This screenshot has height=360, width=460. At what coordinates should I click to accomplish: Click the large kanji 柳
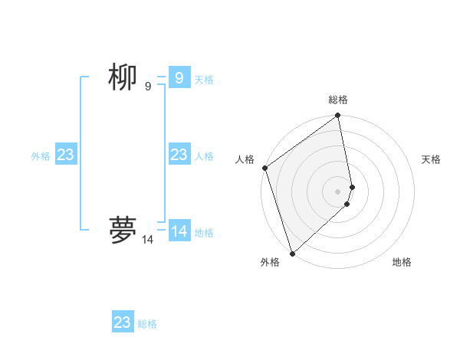click(x=123, y=77)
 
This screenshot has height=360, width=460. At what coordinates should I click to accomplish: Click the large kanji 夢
click(x=123, y=230)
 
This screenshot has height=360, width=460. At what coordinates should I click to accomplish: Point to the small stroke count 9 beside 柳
click(x=148, y=87)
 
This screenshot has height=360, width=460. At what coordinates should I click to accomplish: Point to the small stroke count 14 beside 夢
click(x=147, y=240)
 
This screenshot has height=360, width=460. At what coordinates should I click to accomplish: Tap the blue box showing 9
click(x=179, y=78)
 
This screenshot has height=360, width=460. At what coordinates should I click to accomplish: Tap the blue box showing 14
click(x=179, y=231)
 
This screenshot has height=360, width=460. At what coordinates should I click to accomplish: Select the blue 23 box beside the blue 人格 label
click(x=179, y=155)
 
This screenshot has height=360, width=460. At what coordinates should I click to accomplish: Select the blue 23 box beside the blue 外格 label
click(x=66, y=155)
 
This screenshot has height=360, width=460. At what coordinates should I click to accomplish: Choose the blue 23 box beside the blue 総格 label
click(x=123, y=322)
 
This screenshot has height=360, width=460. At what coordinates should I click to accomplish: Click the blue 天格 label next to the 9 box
click(x=204, y=80)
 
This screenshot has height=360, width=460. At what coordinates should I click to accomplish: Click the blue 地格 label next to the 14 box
click(x=204, y=233)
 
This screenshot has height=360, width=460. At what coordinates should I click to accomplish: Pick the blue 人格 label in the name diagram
click(x=204, y=156)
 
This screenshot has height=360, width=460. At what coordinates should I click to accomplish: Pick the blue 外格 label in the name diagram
click(x=41, y=156)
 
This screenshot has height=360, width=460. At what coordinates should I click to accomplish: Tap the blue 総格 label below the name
click(x=147, y=324)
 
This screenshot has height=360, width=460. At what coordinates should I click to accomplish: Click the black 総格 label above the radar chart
click(x=338, y=100)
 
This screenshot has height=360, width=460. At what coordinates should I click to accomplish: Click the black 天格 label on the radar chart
click(x=431, y=159)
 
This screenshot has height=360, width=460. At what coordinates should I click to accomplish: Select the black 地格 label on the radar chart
click(x=402, y=262)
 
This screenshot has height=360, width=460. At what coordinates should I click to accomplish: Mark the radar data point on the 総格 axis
click(x=338, y=116)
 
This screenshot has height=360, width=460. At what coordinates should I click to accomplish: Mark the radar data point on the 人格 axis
click(x=264, y=168)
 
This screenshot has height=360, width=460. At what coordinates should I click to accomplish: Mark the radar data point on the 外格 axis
click(x=292, y=254)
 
